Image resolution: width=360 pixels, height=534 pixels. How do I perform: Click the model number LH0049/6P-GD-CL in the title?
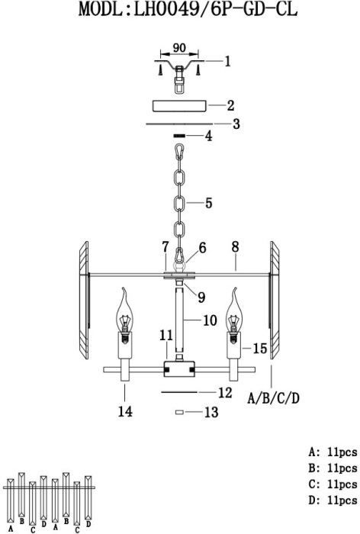[215, 9]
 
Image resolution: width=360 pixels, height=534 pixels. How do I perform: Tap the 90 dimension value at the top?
[179, 47]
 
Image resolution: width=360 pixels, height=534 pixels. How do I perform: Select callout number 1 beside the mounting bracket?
[227, 61]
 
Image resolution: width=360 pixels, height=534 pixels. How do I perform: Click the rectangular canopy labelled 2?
[179, 105]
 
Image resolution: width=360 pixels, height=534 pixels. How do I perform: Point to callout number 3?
[236, 124]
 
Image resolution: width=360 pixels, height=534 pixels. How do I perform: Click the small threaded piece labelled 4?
[179, 136]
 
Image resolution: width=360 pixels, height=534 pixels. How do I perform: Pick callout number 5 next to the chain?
[208, 203]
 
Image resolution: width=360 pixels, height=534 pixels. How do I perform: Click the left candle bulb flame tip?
[123, 289]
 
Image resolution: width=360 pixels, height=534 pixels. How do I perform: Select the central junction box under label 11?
[179, 368]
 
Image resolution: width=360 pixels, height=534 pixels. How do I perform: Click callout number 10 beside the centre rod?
[210, 320]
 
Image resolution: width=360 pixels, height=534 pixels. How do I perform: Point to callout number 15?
[259, 348]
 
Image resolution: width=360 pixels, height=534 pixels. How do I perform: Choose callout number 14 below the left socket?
[125, 411]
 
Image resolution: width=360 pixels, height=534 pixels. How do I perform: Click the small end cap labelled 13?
[179, 412]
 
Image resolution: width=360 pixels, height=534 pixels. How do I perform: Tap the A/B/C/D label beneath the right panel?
[274, 397]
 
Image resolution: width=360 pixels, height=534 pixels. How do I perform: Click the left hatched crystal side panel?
[84, 300]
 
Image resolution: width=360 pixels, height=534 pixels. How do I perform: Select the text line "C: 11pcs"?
[333, 484]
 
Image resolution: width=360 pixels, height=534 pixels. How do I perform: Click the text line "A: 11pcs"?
[333, 452]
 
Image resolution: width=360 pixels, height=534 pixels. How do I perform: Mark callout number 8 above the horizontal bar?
[236, 247]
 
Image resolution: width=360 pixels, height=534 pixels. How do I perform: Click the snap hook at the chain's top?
[179, 152]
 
